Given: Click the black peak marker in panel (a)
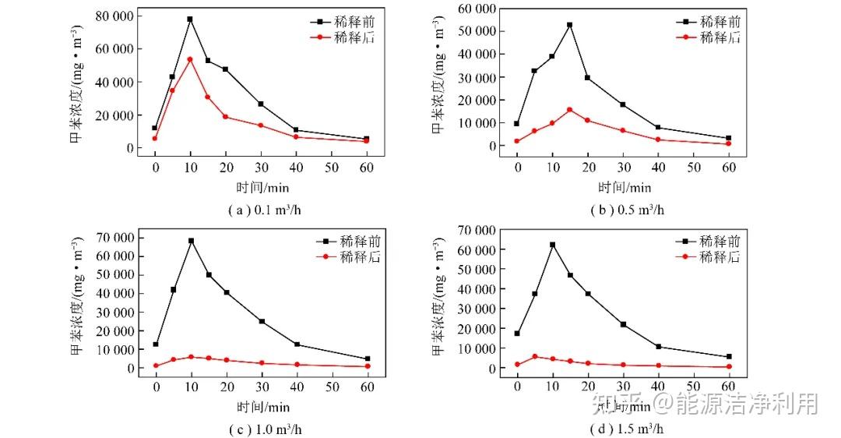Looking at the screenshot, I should pos(190,19).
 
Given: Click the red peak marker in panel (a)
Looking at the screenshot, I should pos(190,59).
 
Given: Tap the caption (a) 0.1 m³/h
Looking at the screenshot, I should pos(252,210).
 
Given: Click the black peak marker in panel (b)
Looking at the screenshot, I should pos(569,25).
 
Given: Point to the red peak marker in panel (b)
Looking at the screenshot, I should pos(569,110).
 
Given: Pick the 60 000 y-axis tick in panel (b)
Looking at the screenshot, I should pos(475,9).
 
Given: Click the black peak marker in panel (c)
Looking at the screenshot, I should pos(191,241).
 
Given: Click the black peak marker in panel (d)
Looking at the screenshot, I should pos(553,245).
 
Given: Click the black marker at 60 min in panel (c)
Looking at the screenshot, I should pos(368,359).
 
